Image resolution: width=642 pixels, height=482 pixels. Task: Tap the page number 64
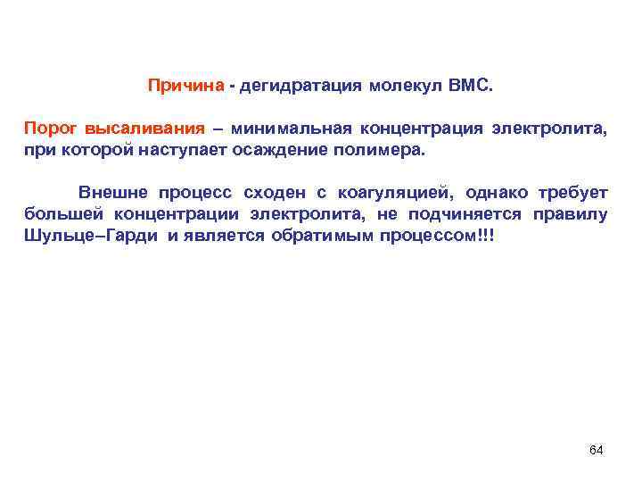click(597, 449)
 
